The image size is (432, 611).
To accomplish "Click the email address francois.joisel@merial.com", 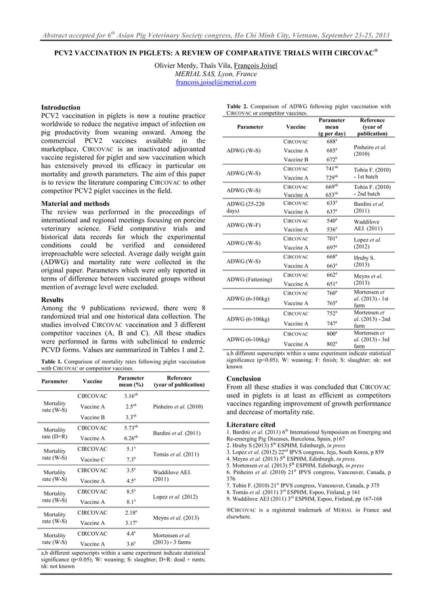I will [x=215, y=83].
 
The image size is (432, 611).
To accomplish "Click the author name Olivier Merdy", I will [x=177, y=64].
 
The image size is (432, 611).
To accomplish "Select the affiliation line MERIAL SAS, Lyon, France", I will [x=215, y=73].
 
